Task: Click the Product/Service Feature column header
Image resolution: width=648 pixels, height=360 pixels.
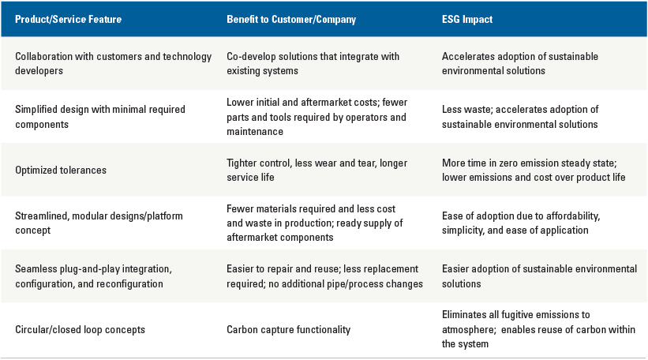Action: pyautogui.click(x=68, y=20)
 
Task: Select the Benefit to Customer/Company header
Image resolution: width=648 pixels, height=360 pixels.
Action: pyautogui.click(x=291, y=20)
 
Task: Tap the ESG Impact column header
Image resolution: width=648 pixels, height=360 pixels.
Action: pyautogui.click(x=467, y=20)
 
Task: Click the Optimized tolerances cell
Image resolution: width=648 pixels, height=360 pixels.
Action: pyautogui.click(x=61, y=171)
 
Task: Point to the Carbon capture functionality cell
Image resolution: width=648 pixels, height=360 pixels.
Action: pyautogui.click(x=288, y=329)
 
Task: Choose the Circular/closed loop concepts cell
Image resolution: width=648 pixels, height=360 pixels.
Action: pyautogui.click(x=81, y=329)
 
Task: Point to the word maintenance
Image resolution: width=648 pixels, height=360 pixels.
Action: pyautogui.click(x=255, y=131)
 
